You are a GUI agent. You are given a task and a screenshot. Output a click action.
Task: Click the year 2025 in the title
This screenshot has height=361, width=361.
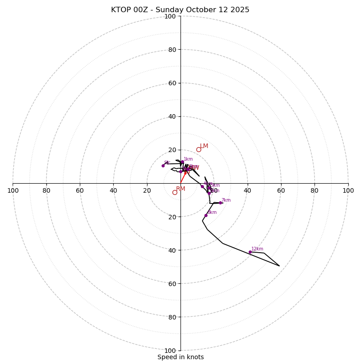(x=240, y=10)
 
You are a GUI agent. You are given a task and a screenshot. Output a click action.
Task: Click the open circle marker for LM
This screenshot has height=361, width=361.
(x=199, y=150)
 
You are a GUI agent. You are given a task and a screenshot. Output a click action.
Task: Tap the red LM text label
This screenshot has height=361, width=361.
(x=204, y=146)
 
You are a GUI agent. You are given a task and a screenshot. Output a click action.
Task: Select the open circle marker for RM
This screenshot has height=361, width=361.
(x=175, y=192)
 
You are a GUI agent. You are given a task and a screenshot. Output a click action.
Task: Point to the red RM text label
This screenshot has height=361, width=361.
(x=180, y=189)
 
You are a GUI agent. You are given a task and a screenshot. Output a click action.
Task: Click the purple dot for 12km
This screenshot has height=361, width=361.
(x=250, y=252)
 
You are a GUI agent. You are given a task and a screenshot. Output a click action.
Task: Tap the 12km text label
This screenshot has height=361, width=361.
(x=257, y=249)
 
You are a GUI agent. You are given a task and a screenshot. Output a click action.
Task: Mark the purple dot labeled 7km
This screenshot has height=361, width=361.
(x=220, y=203)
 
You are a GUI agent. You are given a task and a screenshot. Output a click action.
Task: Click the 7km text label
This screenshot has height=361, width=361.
(x=226, y=200)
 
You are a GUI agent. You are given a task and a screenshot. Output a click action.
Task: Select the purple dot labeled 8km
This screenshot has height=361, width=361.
(x=206, y=215)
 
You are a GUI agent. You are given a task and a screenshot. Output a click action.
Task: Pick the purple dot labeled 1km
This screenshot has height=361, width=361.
(x=182, y=162)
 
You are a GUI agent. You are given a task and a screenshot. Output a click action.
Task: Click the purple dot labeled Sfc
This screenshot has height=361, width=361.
(x=163, y=166)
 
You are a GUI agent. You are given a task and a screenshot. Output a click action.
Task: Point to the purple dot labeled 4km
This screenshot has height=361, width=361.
(x=202, y=186)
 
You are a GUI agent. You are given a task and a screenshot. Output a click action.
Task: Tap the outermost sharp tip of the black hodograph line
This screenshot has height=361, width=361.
(x=279, y=266)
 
